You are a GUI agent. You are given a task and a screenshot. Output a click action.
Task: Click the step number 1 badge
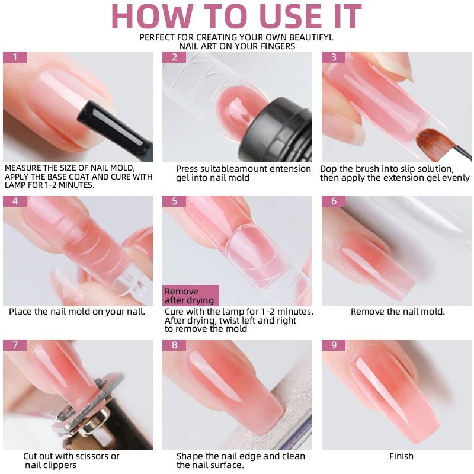15,57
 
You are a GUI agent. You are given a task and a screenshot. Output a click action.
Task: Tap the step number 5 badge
174,201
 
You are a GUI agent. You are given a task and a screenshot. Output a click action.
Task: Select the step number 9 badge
334,345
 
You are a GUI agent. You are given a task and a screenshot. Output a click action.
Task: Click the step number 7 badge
15,345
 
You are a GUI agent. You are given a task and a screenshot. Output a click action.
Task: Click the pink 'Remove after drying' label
191,296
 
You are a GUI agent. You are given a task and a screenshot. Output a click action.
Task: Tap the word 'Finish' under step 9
401,456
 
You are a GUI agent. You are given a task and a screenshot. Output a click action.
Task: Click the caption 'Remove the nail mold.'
398,312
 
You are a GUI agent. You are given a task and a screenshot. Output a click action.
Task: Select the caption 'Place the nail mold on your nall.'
77,312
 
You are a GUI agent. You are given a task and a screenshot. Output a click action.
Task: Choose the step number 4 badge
15,201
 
